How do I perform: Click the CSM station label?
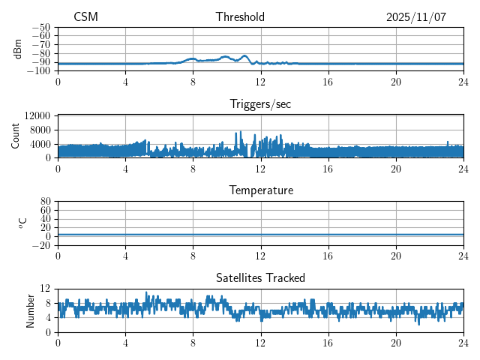[x=85, y=17]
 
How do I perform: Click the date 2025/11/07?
[x=416, y=17]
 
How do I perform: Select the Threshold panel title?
[x=240, y=17]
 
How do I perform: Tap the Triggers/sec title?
[x=260, y=104]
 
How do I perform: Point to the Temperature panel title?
[x=260, y=190]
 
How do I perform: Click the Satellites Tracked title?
[x=260, y=277]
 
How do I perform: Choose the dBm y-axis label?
[x=18, y=48]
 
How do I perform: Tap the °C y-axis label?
[x=22, y=223]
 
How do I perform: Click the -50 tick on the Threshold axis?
[x=41, y=27]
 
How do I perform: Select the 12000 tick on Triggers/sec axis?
[x=37, y=116]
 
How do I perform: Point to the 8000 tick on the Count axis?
[x=40, y=130]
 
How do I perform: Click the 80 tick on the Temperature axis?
[x=45, y=202]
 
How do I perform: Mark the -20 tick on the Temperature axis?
[x=41, y=245]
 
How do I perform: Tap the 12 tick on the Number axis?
[x=45, y=289]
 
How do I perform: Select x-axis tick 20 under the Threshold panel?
[x=396, y=81]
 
